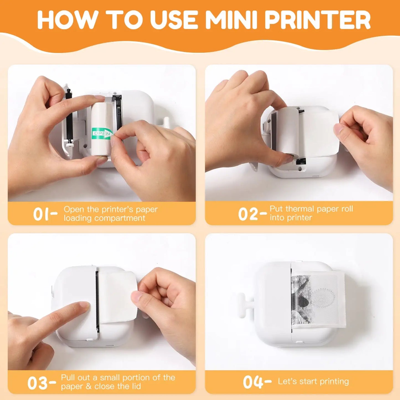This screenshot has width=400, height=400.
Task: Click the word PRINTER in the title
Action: (x=318, y=20)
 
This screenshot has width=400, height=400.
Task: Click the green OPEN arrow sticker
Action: (x=102, y=133)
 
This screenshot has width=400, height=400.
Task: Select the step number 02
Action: (x=248, y=214)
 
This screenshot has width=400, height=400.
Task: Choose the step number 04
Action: (x=252, y=382)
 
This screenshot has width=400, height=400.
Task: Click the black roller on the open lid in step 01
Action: (x=69, y=116)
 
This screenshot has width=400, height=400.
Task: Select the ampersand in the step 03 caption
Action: (x=89, y=386)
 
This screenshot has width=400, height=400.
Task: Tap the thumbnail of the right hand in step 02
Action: (x=339, y=128)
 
